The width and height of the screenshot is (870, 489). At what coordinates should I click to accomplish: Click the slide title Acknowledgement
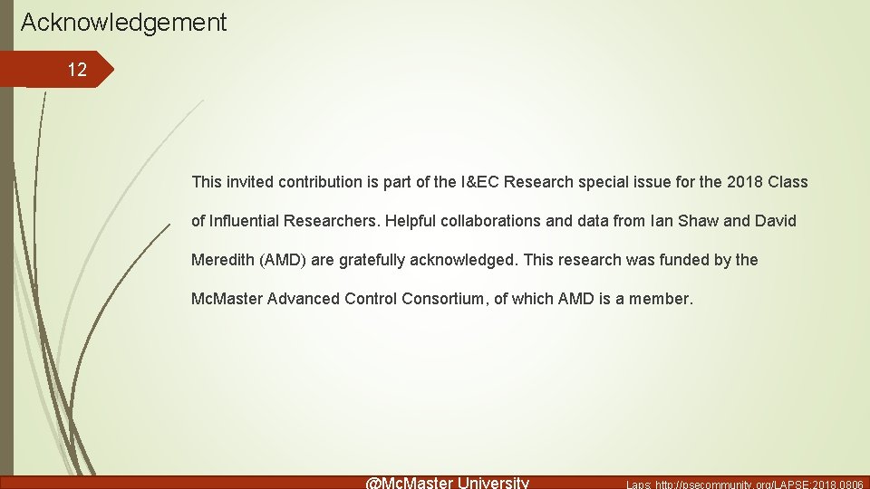(x=123, y=23)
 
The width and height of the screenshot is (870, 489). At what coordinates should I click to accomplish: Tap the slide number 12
(x=77, y=71)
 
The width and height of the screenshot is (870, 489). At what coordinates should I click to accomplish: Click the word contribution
(x=320, y=182)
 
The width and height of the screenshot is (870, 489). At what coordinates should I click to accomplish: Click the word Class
(x=788, y=182)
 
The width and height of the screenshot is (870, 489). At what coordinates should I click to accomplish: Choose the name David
(x=777, y=221)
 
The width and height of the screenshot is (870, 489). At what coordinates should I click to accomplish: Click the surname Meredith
(x=224, y=260)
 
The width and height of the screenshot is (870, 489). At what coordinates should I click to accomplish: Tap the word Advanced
(x=304, y=299)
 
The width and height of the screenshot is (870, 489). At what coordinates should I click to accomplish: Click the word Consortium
(x=440, y=299)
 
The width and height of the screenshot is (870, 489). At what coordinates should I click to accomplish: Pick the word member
(x=661, y=299)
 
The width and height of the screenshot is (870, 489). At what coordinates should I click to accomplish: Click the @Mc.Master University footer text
(x=447, y=483)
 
